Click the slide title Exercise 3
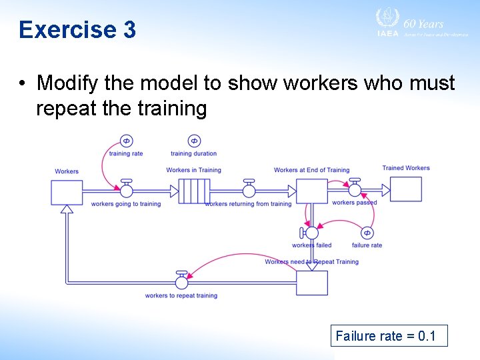pyautogui.click(x=77, y=30)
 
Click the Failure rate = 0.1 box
pyautogui.click(x=389, y=335)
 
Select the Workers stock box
pyautogui.click(x=67, y=192)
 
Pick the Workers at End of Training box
pyautogui.click(x=311, y=191)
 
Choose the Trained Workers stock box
pyautogui.click(x=405, y=189)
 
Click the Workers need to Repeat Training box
pyautogui.click(x=311, y=283)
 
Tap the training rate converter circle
pyautogui.click(x=126, y=141)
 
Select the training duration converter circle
pyautogui.click(x=194, y=141)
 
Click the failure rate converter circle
pyautogui.click(x=367, y=233)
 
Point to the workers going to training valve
pyautogui.click(x=125, y=190)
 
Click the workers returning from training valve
pyautogui.click(x=249, y=190)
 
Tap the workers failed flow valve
pyautogui.click(x=311, y=233)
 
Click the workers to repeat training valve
pyautogui.click(x=181, y=282)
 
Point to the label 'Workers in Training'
pyautogui.click(x=193, y=170)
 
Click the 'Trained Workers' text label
pyautogui.click(x=405, y=168)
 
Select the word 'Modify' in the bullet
pyautogui.click(x=66, y=83)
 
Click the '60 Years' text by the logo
pyautogui.click(x=423, y=23)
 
